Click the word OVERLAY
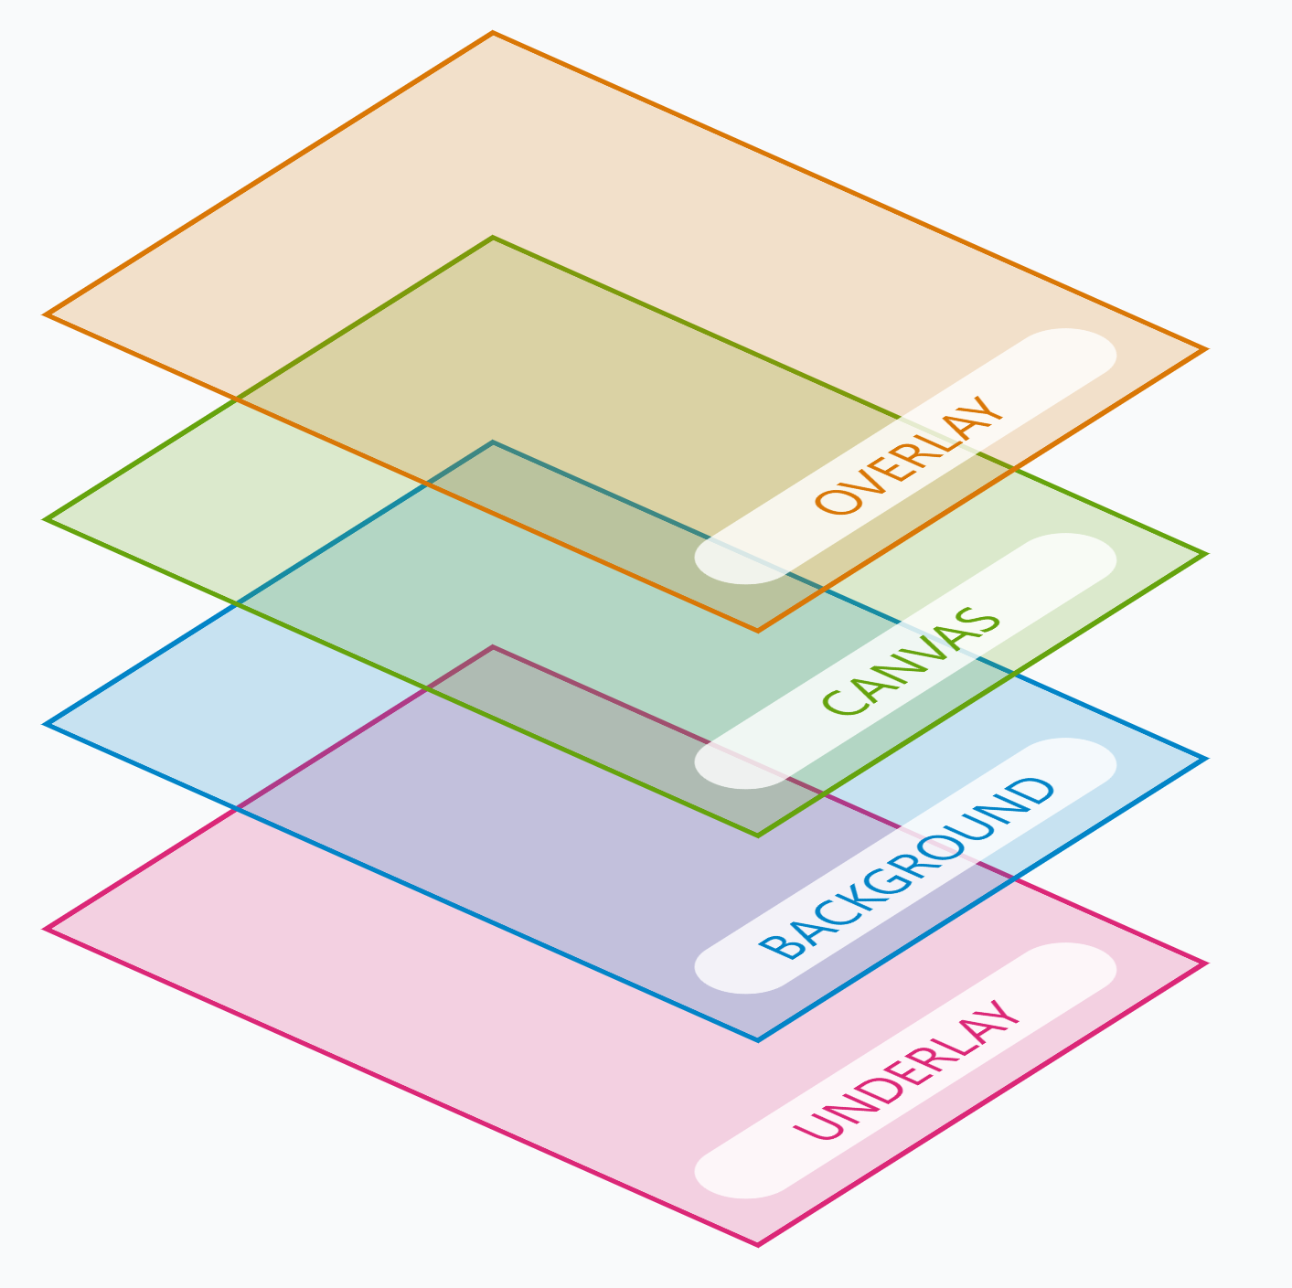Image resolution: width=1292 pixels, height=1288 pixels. (908, 456)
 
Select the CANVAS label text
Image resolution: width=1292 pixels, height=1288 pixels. (912, 661)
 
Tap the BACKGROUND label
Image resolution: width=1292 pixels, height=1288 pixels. (906, 868)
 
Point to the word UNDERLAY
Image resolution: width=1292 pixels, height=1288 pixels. (906, 1070)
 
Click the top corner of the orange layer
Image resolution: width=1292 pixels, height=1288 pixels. (493, 33)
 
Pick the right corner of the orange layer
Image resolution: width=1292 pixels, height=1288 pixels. (1205, 349)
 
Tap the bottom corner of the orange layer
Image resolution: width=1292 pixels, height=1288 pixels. (758, 630)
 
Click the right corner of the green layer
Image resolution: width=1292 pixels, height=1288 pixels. (1205, 554)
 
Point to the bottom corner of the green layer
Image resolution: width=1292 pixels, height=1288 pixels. (758, 836)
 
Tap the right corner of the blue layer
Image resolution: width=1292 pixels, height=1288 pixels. (1205, 759)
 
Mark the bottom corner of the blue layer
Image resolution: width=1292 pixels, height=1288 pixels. (758, 1040)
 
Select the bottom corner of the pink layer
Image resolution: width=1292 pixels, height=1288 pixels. (758, 1245)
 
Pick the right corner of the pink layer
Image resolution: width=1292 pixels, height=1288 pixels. (1205, 963)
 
